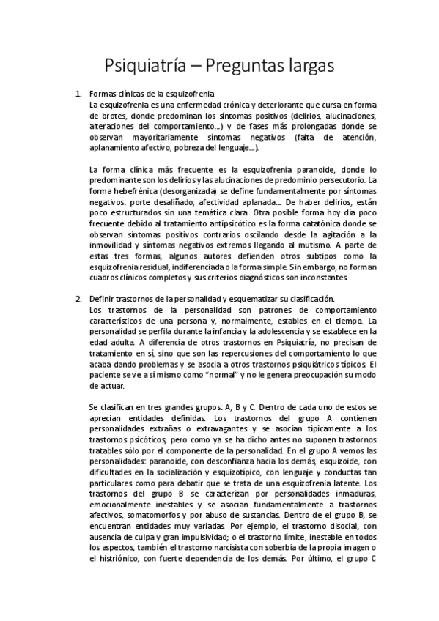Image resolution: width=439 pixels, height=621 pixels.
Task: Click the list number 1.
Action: pyautogui.click(x=78, y=95)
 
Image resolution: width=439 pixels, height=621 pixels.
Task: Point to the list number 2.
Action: pyautogui.click(x=78, y=299)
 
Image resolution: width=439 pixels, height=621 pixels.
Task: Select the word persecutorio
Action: pyautogui.click(x=341, y=179)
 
